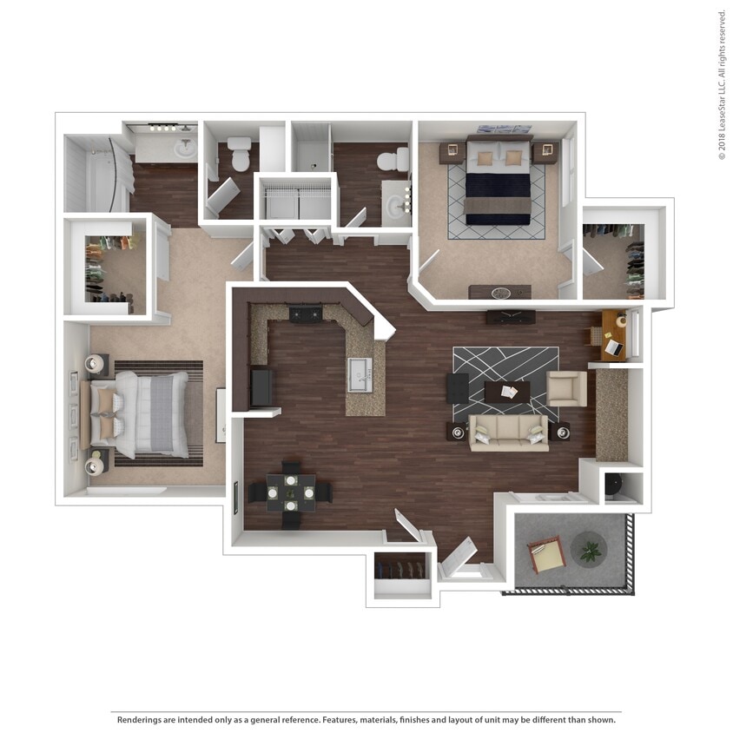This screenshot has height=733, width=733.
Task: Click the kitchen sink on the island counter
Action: click(x=365, y=374)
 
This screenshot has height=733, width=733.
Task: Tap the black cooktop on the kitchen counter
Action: click(x=305, y=314)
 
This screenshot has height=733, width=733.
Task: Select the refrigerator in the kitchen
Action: click(x=261, y=387)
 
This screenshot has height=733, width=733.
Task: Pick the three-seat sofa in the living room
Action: click(x=509, y=432)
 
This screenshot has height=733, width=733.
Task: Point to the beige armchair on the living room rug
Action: click(x=566, y=388)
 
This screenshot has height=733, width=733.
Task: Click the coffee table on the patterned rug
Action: click(x=506, y=392)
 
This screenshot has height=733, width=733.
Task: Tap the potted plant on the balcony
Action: click(x=591, y=549)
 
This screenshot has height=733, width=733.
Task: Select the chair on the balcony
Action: click(x=546, y=552)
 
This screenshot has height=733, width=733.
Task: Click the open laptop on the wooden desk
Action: click(x=614, y=347)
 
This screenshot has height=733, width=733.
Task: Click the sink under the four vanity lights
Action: click(x=186, y=149)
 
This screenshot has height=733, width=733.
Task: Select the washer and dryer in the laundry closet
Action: click(x=297, y=202)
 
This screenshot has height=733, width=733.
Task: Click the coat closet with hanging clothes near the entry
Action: click(x=402, y=576)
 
